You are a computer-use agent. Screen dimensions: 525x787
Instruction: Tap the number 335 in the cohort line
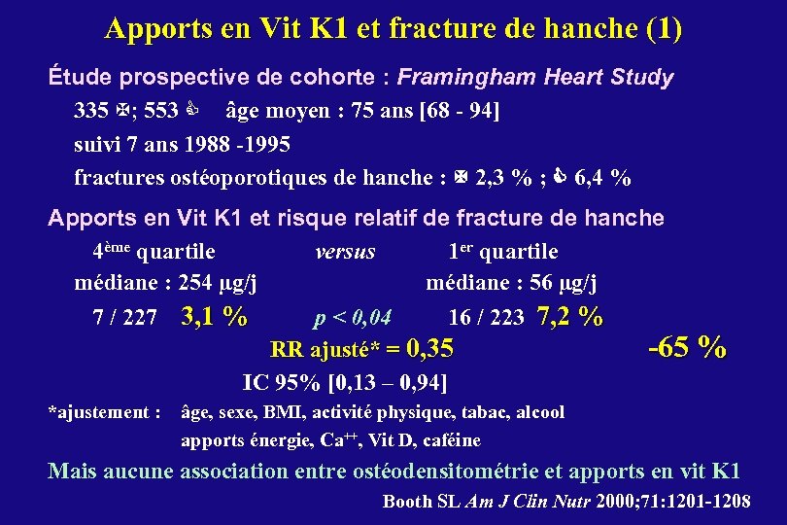pos(90,111)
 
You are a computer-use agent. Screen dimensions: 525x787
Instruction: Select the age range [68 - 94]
pos(458,111)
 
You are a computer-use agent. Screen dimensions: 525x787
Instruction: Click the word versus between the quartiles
pos(345,252)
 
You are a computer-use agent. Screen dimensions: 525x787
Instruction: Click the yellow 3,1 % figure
pos(214,317)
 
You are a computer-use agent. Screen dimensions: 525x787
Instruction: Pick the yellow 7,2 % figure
pos(569,317)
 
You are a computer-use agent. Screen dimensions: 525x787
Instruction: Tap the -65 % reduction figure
pos(687,346)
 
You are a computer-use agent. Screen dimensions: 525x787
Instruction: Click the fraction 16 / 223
pos(486,318)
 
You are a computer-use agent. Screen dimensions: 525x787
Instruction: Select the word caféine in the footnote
pos(454,440)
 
